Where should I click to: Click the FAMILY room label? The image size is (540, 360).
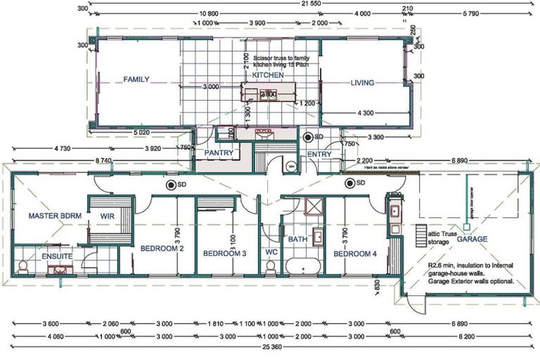tap(136, 79)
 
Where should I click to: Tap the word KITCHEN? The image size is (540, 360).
tap(268, 75)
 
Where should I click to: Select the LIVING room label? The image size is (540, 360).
tap(363, 83)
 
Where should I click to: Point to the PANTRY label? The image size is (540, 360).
tap(219, 153)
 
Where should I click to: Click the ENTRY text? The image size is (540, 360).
tap(319, 153)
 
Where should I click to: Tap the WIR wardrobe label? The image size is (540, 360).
tap(108, 216)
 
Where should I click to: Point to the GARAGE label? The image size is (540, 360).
tap(472, 239)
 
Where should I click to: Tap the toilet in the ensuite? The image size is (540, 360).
tap(22, 265)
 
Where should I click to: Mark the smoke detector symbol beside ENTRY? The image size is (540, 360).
tap(309, 136)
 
